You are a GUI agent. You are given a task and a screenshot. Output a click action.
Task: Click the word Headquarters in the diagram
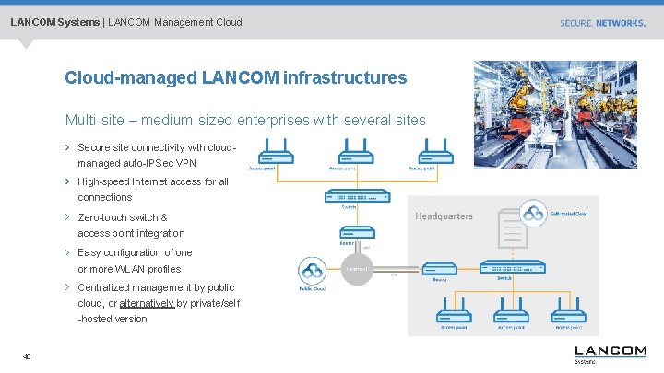tap(444, 216)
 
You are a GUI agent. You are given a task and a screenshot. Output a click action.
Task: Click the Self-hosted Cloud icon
tap(533, 215)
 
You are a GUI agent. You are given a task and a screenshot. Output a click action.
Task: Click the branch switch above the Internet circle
tap(350, 197)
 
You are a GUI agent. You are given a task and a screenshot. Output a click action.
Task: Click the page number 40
tap(28, 357)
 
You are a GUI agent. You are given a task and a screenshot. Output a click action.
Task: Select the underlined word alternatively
tap(147, 303)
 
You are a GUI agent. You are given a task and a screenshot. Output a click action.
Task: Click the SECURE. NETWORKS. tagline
tap(602, 22)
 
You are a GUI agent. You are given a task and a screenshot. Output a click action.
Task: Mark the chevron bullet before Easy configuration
tap(68, 252)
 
